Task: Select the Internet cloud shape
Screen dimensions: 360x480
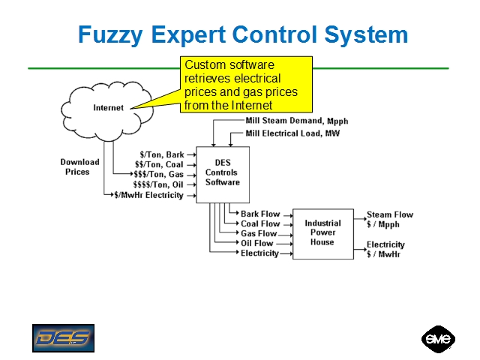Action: tap(108, 107)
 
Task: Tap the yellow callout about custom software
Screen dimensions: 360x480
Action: tap(240, 85)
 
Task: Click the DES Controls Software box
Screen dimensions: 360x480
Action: tap(222, 173)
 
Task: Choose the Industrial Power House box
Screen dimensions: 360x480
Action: tap(322, 233)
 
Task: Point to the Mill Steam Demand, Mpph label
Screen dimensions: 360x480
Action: tap(297, 121)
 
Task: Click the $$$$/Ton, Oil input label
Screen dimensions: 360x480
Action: tap(158, 184)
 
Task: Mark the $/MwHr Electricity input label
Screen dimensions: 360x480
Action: tap(148, 195)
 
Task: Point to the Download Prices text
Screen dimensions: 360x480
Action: tap(79, 166)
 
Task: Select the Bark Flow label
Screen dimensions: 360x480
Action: tap(260, 214)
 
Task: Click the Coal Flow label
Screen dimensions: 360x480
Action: tap(260, 223)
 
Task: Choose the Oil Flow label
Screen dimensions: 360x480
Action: tap(257, 243)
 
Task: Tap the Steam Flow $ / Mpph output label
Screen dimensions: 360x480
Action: tap(389, 219)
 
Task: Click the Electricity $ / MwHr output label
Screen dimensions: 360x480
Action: tap(385, 249)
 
